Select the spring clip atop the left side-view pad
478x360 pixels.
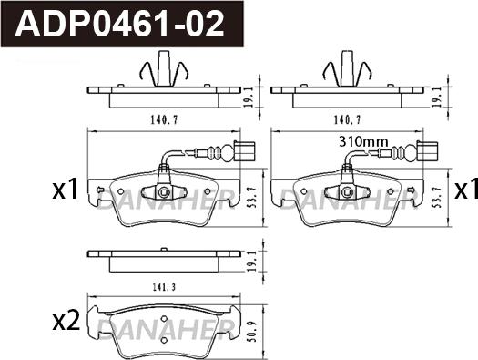[160, 68]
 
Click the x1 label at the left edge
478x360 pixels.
[64, 190]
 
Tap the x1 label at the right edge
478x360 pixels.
[466, 189]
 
